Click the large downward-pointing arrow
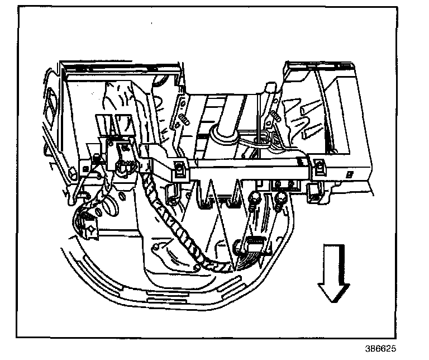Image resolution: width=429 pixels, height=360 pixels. point(333,273)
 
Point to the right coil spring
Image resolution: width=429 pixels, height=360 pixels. point(275,116)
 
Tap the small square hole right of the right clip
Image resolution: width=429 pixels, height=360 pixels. point(349,174)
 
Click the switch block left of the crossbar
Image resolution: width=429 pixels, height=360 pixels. point(122,157)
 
